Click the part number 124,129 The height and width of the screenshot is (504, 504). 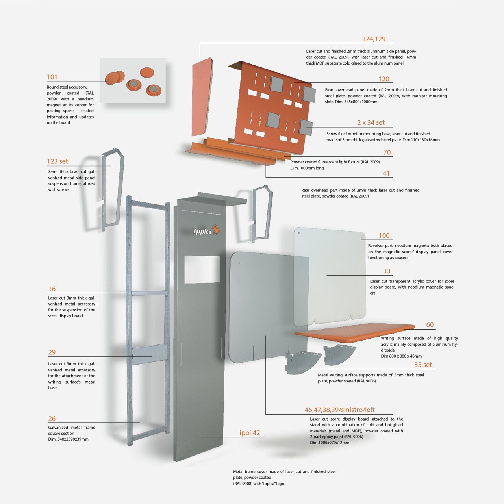(374, 39)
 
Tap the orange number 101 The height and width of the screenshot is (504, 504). (52, 77)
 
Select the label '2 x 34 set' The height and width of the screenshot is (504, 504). (371, 123)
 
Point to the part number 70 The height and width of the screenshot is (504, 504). (387, 152)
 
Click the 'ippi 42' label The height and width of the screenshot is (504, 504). (250, 433)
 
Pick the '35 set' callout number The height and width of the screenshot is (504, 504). (423, 365)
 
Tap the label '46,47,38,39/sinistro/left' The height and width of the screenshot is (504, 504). (339, 410)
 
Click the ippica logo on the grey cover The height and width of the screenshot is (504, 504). (207, 230)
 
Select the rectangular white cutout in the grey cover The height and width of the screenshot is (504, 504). (202, 269)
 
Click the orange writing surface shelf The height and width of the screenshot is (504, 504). (354, 331)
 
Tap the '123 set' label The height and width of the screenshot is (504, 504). (57, 161)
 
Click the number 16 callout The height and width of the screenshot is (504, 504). (52, 289)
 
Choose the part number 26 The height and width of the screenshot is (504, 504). (52, 419)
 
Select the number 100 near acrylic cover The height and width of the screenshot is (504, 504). (384, 236)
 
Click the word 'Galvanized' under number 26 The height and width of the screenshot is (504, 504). (58, 428)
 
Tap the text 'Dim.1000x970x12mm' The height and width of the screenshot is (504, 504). (330, 443)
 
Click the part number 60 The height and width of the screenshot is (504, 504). (430, 325)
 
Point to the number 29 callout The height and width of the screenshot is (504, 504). (52, 352)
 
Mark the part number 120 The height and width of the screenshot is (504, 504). (384, 79)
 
